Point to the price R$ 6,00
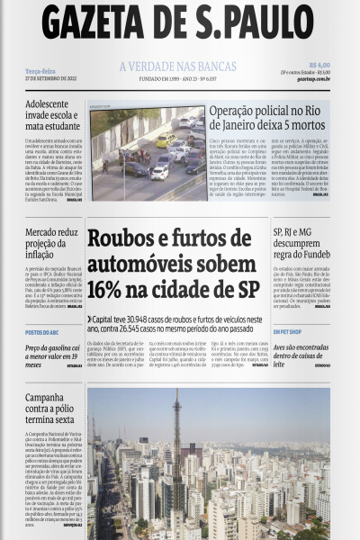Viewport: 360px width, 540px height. tap(319, 65)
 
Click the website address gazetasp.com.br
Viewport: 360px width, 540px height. tap(312, 79)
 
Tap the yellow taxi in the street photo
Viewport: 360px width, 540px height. tap(166, 139)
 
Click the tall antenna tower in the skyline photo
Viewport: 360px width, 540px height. tap(176, 432)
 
